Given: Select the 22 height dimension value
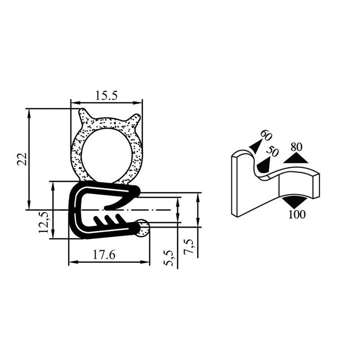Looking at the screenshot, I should pos(22,159).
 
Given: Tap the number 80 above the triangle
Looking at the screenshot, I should pos(297,147).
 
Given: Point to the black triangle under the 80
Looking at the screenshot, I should pos(297,157).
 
